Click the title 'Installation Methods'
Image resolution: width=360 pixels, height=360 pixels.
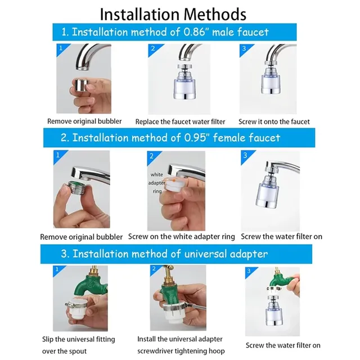(173, 14)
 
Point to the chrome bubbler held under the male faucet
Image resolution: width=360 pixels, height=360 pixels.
(81, 85)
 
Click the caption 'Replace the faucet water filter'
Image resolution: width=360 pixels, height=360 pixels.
(180, 121)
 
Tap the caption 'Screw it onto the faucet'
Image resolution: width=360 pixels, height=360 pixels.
(274, 121)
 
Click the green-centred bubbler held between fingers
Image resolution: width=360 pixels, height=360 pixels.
(78, 187)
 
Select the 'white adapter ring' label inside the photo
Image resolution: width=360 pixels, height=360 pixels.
(156, 183)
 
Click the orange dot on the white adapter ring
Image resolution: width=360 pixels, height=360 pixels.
(174, 181)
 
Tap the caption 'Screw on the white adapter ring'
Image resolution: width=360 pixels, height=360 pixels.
(181, 237)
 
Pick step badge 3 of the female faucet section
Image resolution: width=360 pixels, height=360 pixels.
(245, 155)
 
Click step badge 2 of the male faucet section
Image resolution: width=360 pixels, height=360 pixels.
(153, 48)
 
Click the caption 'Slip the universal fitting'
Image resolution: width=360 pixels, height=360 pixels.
(79, 339)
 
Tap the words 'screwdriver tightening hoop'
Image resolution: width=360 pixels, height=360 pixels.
(181, 351)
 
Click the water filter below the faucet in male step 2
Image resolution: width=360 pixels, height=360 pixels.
(184, 82)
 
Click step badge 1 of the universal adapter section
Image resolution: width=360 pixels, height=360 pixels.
(57, 269)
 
